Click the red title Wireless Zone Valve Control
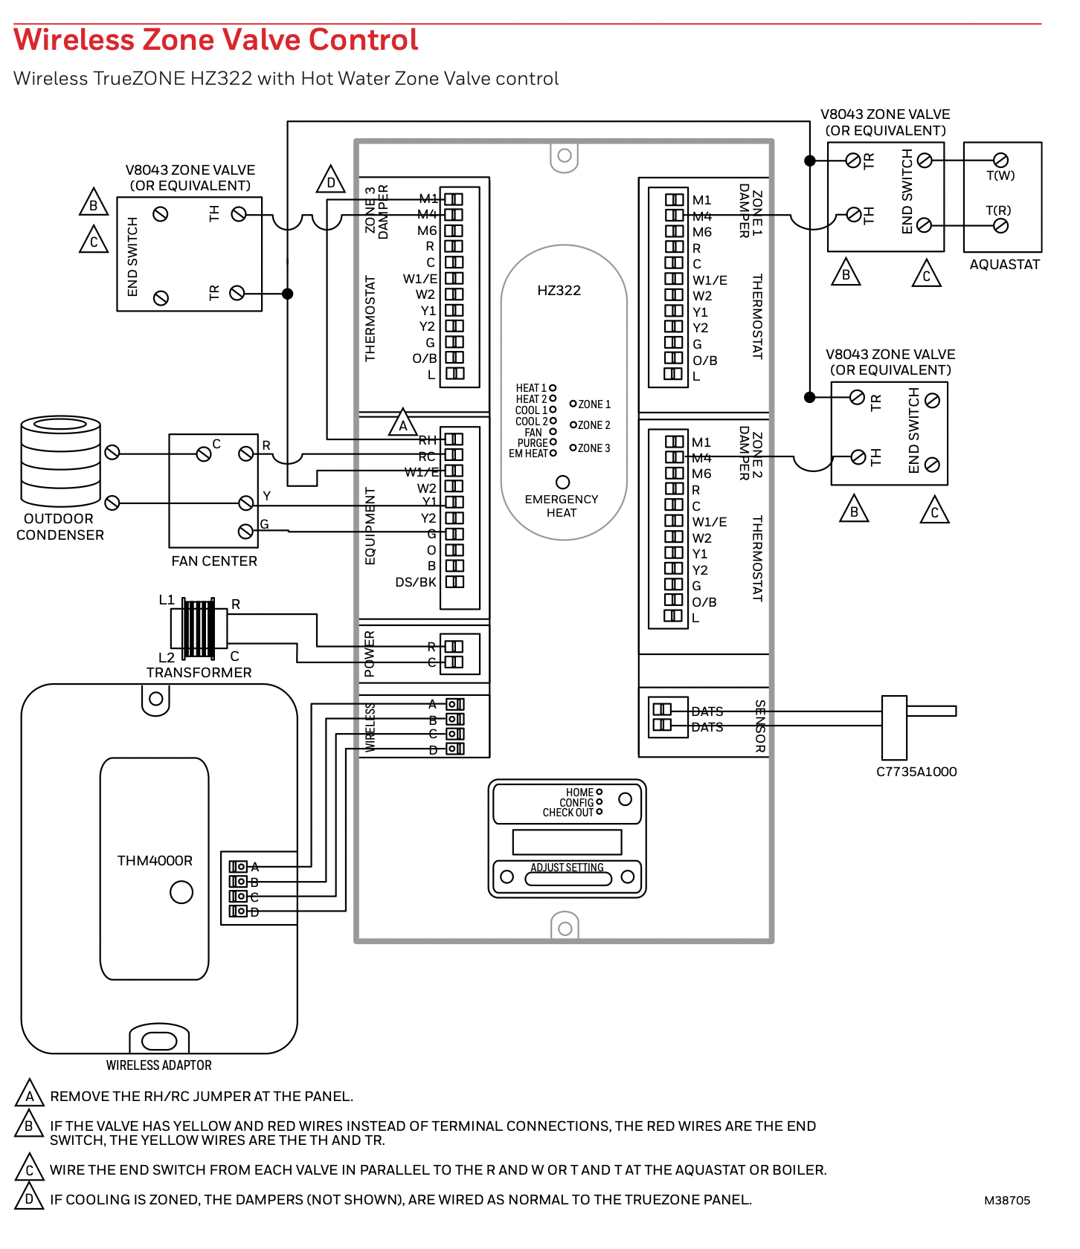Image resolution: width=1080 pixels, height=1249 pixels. [216, 40]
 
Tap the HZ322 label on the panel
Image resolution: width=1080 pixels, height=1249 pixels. [559, 291]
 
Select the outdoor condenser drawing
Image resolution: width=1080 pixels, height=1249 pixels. [60, 461]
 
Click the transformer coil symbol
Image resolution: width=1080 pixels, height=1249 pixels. [199, 629]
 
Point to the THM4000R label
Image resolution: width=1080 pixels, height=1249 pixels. [155, 861]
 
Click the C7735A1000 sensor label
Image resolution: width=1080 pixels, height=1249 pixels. [916, 772]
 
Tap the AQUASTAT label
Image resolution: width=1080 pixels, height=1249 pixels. [1004, 265]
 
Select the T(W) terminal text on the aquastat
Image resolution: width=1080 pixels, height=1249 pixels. [1000, 176]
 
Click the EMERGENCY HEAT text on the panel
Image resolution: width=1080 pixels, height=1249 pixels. [562, 506]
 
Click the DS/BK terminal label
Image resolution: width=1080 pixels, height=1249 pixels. [415, 582]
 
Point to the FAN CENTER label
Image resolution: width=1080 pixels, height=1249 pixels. [214, 561]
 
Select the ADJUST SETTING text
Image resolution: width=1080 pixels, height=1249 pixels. [567, 868]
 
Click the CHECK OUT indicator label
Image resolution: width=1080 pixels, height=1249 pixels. [568, 813]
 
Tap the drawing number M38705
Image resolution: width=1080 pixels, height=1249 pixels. [1007, 1201]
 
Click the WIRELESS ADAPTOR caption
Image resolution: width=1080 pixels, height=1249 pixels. [158, 1065]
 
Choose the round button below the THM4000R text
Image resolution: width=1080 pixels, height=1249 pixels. [181, 892]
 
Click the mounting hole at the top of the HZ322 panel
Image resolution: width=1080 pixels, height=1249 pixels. [565, 155]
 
